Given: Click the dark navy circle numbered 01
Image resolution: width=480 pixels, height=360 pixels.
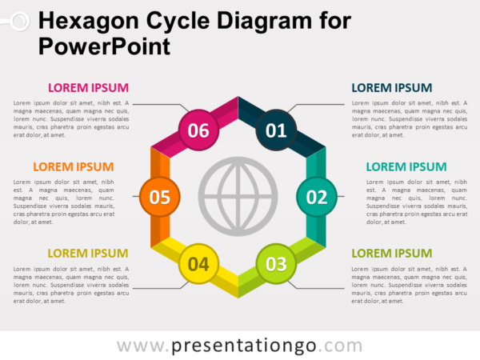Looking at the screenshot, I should click(276, 130).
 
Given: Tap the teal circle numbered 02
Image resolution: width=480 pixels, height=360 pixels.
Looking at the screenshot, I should click(318, 196).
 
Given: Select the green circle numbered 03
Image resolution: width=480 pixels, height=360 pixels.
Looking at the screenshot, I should click(276, 263).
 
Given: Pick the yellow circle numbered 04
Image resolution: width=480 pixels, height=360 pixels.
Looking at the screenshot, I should click(199, 263).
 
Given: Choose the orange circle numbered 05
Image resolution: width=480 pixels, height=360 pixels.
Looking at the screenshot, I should click(160, 196).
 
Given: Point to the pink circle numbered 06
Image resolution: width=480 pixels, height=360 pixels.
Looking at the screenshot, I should click(198, 130).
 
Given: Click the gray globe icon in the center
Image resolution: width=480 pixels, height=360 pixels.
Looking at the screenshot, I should click(238, 196).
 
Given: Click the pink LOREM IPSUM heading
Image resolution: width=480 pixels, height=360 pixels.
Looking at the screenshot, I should click(88, 88).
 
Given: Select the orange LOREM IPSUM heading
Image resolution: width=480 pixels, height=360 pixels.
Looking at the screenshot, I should click(73, 167).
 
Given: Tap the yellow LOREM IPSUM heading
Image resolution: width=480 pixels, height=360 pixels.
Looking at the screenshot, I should click(88, 254).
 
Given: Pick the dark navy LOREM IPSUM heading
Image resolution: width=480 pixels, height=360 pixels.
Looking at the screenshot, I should click(392, 88).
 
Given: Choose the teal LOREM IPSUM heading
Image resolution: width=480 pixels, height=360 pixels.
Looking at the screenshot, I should click(406, 167).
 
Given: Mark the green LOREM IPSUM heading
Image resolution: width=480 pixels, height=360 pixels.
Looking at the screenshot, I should click(392, 254).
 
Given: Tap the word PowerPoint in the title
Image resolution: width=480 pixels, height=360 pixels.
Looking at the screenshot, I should click(104, 45).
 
